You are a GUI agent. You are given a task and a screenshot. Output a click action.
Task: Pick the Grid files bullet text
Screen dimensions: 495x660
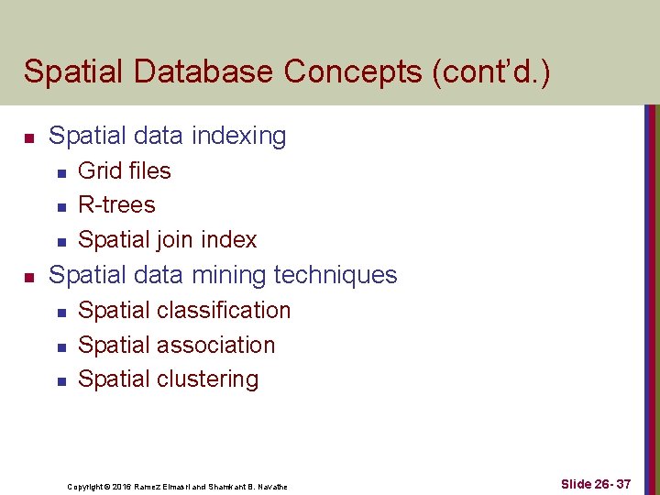125,170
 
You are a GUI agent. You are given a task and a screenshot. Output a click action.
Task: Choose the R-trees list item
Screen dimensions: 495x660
116,204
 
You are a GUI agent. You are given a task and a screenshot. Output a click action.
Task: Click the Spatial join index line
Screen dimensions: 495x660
168,239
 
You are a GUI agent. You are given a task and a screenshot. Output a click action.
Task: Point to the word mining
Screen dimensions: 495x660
221,274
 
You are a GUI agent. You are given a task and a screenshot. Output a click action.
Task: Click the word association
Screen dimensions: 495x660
216,345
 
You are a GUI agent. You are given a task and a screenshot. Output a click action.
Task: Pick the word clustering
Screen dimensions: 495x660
208,379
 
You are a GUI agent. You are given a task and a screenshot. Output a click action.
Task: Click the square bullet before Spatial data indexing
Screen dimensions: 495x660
29,138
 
